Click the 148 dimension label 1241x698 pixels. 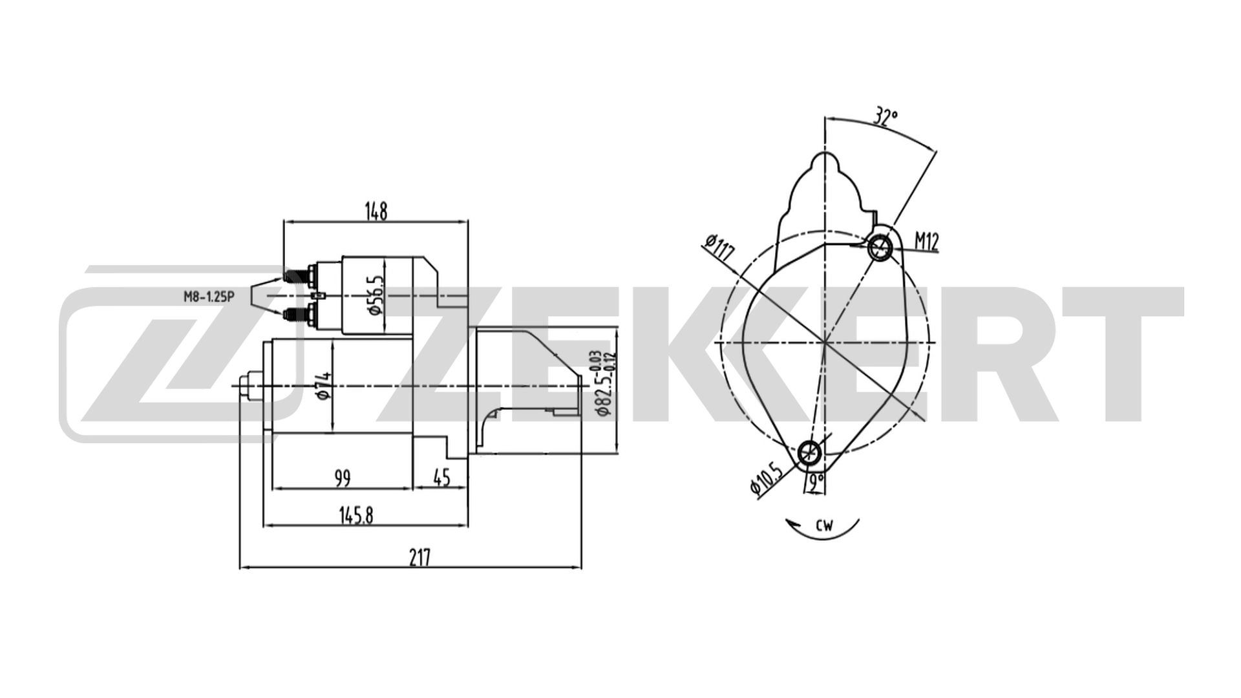pos(376,211)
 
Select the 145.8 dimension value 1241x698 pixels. pos(356,515)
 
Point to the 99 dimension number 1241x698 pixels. pos(343,478)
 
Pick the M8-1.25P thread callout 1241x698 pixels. pos(207,297)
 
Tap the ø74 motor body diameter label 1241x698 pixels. pos(324,388)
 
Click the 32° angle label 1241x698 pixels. pos(886,117)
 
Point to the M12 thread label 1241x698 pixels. pos(926,241)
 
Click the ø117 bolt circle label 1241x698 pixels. pos(720,248)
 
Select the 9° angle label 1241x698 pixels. pos(816,480)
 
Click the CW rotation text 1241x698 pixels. pos(824,525)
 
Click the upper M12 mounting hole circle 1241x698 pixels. pos(879,246)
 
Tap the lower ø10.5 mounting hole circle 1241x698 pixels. pos(809,453)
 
